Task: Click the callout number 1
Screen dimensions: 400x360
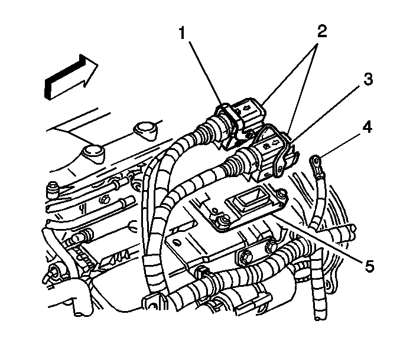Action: click(182, 34)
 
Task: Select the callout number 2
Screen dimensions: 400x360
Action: click(322, 32)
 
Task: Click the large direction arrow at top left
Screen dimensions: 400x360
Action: click(71, 77)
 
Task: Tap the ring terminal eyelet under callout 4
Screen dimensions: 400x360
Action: click(316, 161)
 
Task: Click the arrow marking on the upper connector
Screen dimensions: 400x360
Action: click(246, 108)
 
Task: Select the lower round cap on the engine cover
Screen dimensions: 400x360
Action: click(93, 153)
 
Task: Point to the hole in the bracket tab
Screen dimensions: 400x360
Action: click(177, 243)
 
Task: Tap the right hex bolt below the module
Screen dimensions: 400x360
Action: click(270, 246)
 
